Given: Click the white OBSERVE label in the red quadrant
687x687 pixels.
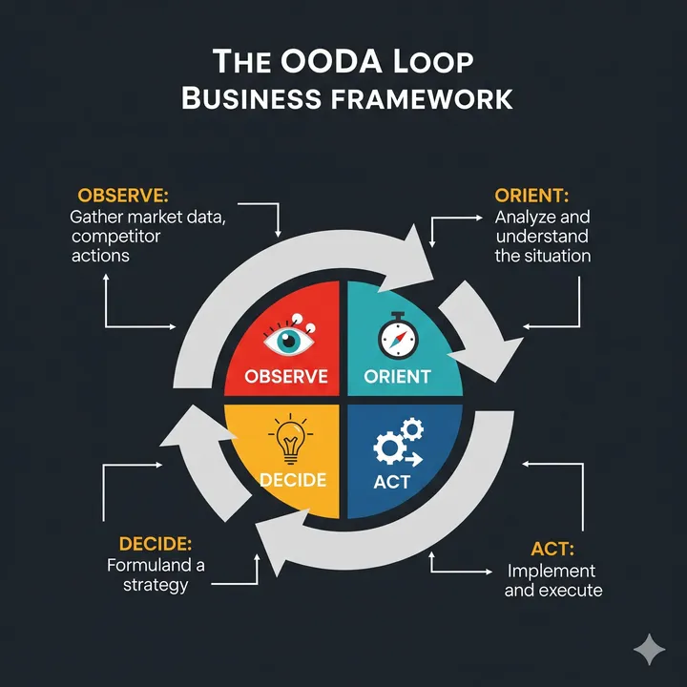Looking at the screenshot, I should [x=286, y=376].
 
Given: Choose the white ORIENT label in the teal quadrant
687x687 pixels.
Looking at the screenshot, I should [x=397, y=376].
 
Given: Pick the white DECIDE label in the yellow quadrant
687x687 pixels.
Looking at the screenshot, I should [x=293, y=479].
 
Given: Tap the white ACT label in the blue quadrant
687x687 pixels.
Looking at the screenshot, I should [x=391, y=481].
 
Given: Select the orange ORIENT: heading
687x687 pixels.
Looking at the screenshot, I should [x=531, y=196].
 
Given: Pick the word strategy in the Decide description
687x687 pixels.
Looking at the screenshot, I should [x=156, y=585].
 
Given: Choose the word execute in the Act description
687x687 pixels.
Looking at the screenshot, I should [x=570, y=591].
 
